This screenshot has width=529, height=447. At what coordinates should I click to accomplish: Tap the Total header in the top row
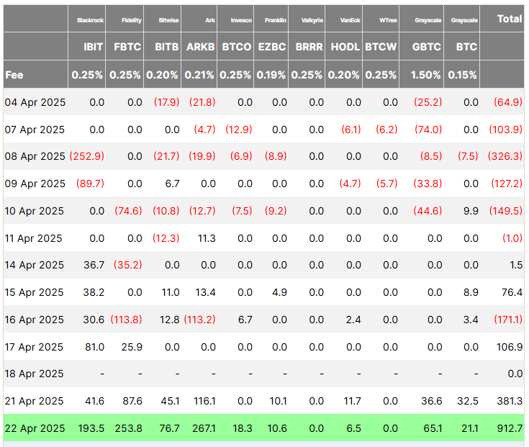coord(510,19)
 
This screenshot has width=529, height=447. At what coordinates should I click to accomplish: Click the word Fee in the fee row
coord(14,74)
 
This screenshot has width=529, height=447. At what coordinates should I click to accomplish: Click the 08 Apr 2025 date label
coord(35,156)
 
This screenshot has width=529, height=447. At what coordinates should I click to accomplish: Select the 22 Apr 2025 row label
coord(35,428)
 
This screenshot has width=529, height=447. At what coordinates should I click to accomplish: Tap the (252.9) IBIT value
coord(86,156)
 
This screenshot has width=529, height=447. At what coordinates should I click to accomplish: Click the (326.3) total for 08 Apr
coord(507,156)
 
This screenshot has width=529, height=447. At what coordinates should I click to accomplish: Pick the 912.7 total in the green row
coord(510,428)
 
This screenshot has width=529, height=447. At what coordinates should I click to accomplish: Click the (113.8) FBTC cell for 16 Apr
coord(127,320)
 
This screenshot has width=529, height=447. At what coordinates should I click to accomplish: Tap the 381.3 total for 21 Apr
coord(510,401)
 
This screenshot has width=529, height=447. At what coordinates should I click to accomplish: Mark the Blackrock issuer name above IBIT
coord(91,20)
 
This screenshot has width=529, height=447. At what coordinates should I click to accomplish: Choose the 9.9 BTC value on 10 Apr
coord(471,211)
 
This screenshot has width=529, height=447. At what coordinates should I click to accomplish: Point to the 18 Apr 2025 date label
coord(35,374)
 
